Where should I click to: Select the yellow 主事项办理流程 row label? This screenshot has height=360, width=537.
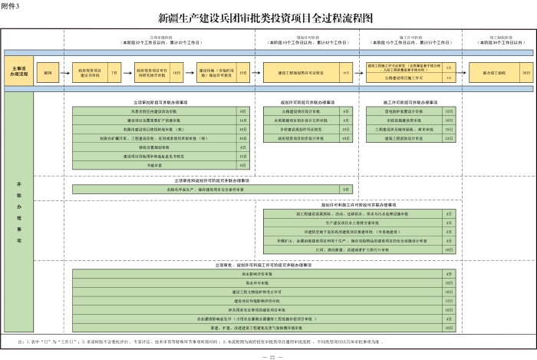[x=18, y=73]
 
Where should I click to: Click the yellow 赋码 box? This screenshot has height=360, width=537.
[x=48, y=73]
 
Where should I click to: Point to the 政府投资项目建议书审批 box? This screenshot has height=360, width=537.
[x=91, y=73]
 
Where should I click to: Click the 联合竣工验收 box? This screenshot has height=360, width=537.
[x=493, y=73]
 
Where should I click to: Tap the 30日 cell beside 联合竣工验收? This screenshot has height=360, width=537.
[x=525, y=73]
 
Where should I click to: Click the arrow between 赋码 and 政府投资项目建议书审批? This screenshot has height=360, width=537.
[x=65, y=73]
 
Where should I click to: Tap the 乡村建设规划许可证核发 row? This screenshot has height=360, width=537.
[x=299, y=129]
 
